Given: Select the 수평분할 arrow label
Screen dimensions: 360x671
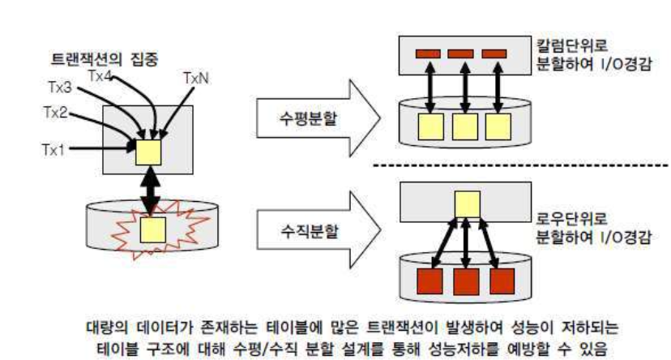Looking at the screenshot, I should tap(295, 114).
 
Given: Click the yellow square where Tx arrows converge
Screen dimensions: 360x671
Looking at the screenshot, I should tap(149, 151).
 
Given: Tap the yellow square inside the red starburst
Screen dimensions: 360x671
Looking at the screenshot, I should tap(149, 229).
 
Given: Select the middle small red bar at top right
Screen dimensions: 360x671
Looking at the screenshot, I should tap(462, 55).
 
